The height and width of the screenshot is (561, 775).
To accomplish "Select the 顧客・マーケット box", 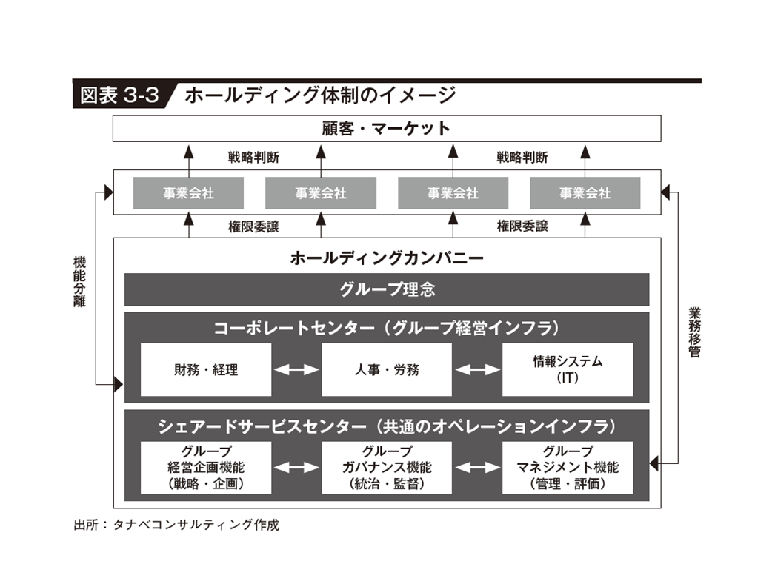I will [x=386, y=128].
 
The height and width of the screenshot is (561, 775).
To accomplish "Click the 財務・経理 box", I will [x=206, y=369].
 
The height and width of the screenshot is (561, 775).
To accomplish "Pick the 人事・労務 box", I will [x=386, y=369].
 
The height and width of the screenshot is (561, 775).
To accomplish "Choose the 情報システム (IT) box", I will [x=568, y=369].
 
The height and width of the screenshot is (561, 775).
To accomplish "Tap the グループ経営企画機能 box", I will [x=206, y=467].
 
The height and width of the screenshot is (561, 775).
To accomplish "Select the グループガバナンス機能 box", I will [x=386, y=467].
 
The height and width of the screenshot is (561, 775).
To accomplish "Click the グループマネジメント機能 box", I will [x=568, y=467].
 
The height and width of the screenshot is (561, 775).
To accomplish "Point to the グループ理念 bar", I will [x=386, y=289].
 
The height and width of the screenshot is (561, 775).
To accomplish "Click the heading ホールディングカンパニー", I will [x=386, y=258].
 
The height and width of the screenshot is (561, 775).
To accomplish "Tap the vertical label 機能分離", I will [x=79, y=281].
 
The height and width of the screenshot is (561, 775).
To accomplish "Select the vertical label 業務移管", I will [x=693, y=332].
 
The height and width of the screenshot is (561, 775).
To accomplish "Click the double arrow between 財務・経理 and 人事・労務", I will [x=296, y=369].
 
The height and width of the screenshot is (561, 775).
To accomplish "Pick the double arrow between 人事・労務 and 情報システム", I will [x=477, y=369].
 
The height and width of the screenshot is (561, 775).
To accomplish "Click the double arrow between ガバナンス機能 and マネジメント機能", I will [x=477, y=467].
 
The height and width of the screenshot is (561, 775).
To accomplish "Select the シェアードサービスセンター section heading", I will [x=386, y=426].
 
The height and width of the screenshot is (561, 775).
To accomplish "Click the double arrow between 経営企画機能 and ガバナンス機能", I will [x=296, y=467].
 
